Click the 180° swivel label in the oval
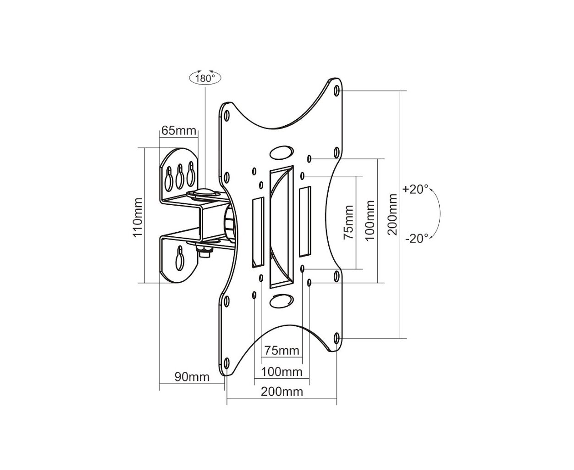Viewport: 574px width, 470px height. click(205, 78)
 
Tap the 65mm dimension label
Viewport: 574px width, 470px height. click(178, 130)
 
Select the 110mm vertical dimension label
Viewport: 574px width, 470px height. click(138, 218)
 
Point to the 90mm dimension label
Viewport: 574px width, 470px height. click(192, 377)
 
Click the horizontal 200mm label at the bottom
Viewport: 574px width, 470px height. click(281, 392)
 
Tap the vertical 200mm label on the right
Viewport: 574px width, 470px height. click(392, 214)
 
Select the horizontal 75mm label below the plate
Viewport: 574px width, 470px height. click(281, 350)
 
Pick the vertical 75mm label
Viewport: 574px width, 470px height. click(348, 223)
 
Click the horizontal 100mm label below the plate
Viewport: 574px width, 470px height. click(281, 372)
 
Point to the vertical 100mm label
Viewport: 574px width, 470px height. click(370, 220)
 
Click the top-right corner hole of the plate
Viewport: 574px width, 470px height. click(337, 91)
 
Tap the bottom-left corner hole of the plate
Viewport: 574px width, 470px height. click(226, 363)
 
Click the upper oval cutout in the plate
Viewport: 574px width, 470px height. click(281, 152)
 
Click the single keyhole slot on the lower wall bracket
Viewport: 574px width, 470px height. click(180, 258)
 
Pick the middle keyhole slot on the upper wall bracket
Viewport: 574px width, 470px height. click(180, 176)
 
